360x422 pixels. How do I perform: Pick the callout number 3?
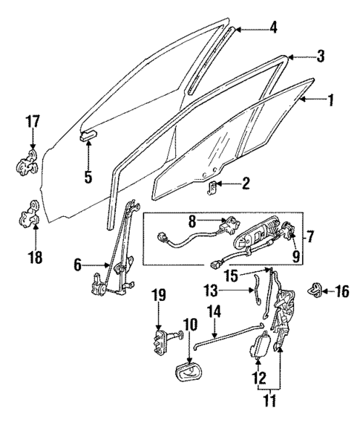point(300,55)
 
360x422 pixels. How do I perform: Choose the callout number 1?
point(332,99)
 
